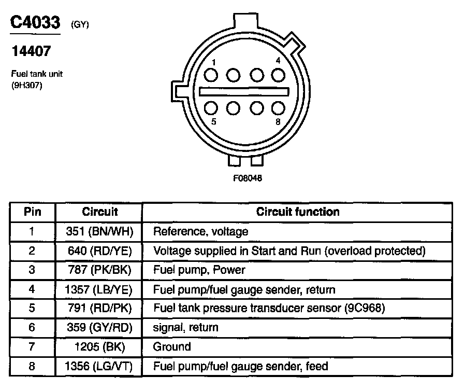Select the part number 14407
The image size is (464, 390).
point(31,52)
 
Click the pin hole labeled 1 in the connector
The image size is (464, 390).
point(210,75)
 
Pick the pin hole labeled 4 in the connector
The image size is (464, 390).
point(279,75)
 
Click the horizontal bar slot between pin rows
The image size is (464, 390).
point(244,91)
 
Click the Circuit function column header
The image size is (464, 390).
point(298,212)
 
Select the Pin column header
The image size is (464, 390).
point(32,212)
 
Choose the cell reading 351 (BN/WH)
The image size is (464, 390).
point(99,231)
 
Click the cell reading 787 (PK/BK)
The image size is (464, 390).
point(99,270)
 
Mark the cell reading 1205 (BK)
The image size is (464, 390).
point(99,346)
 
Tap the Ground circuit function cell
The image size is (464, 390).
point(172,346)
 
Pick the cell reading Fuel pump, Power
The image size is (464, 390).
point(199,270)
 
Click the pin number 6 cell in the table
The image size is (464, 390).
point(32,327)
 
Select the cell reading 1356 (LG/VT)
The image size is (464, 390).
point(99,366)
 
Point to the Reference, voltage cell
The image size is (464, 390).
point(201,231)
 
